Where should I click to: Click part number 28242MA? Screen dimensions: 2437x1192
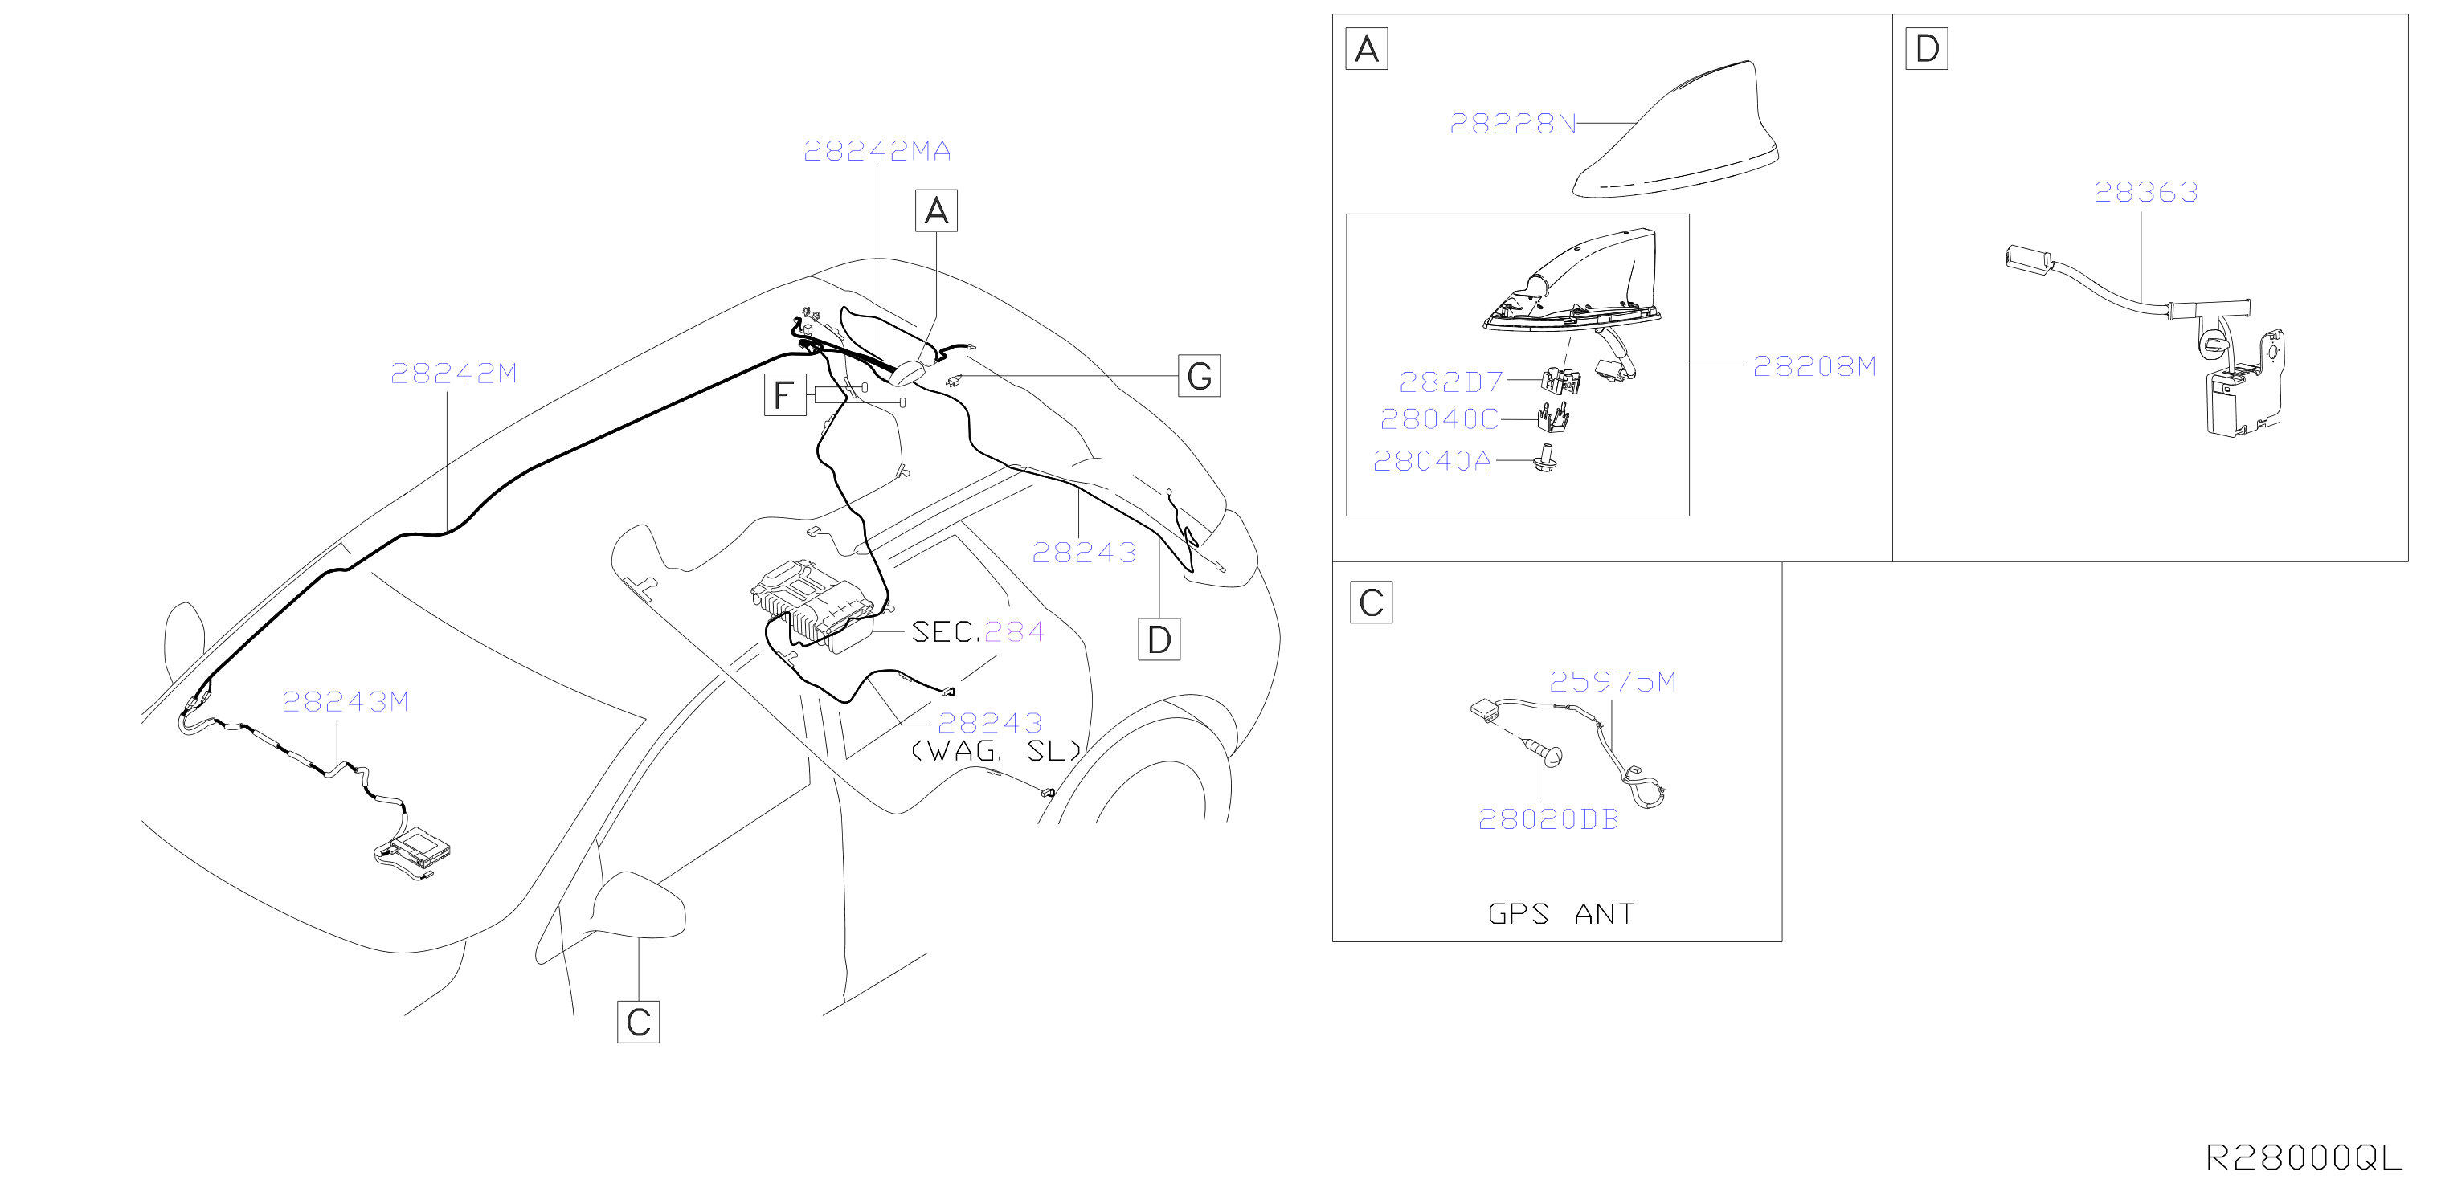877,151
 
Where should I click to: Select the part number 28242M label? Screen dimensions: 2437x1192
453,374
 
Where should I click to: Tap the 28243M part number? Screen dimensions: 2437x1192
346,702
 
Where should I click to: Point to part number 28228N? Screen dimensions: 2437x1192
1513,124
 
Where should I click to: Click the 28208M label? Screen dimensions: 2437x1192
1814,366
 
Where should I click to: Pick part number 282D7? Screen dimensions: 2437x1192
1451,382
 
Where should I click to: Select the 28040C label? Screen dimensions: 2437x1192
1439,419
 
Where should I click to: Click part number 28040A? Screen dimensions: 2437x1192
1433,462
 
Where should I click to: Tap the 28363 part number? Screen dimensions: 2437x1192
2145,193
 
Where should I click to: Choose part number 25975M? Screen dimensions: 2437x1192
1612,682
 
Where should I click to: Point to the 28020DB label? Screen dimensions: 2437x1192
1548,820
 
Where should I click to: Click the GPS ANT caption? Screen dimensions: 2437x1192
1561,914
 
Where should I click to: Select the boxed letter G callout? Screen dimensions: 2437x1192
1199,376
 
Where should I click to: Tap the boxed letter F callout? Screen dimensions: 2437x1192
784,394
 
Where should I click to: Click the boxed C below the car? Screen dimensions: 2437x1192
638,1022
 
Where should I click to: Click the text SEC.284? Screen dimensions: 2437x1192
977,632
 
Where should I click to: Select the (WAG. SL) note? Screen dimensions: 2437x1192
996,751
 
